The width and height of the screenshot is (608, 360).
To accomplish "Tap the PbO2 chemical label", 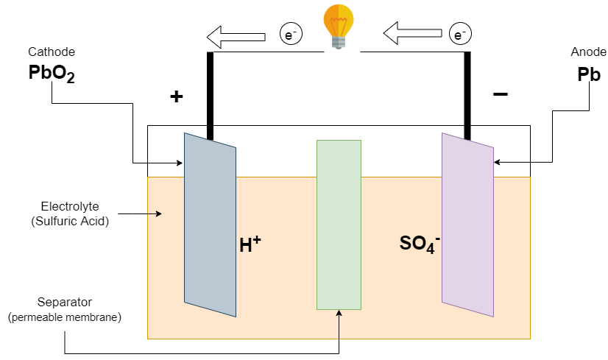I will click(x=51, y=74).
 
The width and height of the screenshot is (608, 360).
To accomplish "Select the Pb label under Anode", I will click(x=589, y=74).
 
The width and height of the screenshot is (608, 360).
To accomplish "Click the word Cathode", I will click(x=52, y=52).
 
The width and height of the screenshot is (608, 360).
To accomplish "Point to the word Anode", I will click(x=588, y=52).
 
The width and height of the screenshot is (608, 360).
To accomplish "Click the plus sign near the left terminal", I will click(x=177, y=96).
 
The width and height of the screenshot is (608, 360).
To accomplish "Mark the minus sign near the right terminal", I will click(x=500, y=94).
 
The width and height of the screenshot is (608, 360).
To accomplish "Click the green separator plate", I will click(x=339, y=225).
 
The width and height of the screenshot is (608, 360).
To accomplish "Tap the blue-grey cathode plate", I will click(x=210, y=225).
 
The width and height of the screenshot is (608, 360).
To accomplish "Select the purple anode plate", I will click(x=467, y=225).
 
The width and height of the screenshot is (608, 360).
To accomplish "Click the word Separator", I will click(x=64, y=303).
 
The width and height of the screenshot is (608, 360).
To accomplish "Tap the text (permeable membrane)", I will click(x=64, y=317).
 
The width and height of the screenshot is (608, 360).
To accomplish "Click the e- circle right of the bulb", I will click(x=459, y=34).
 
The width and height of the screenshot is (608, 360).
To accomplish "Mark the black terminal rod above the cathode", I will click(x=210, y=96).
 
